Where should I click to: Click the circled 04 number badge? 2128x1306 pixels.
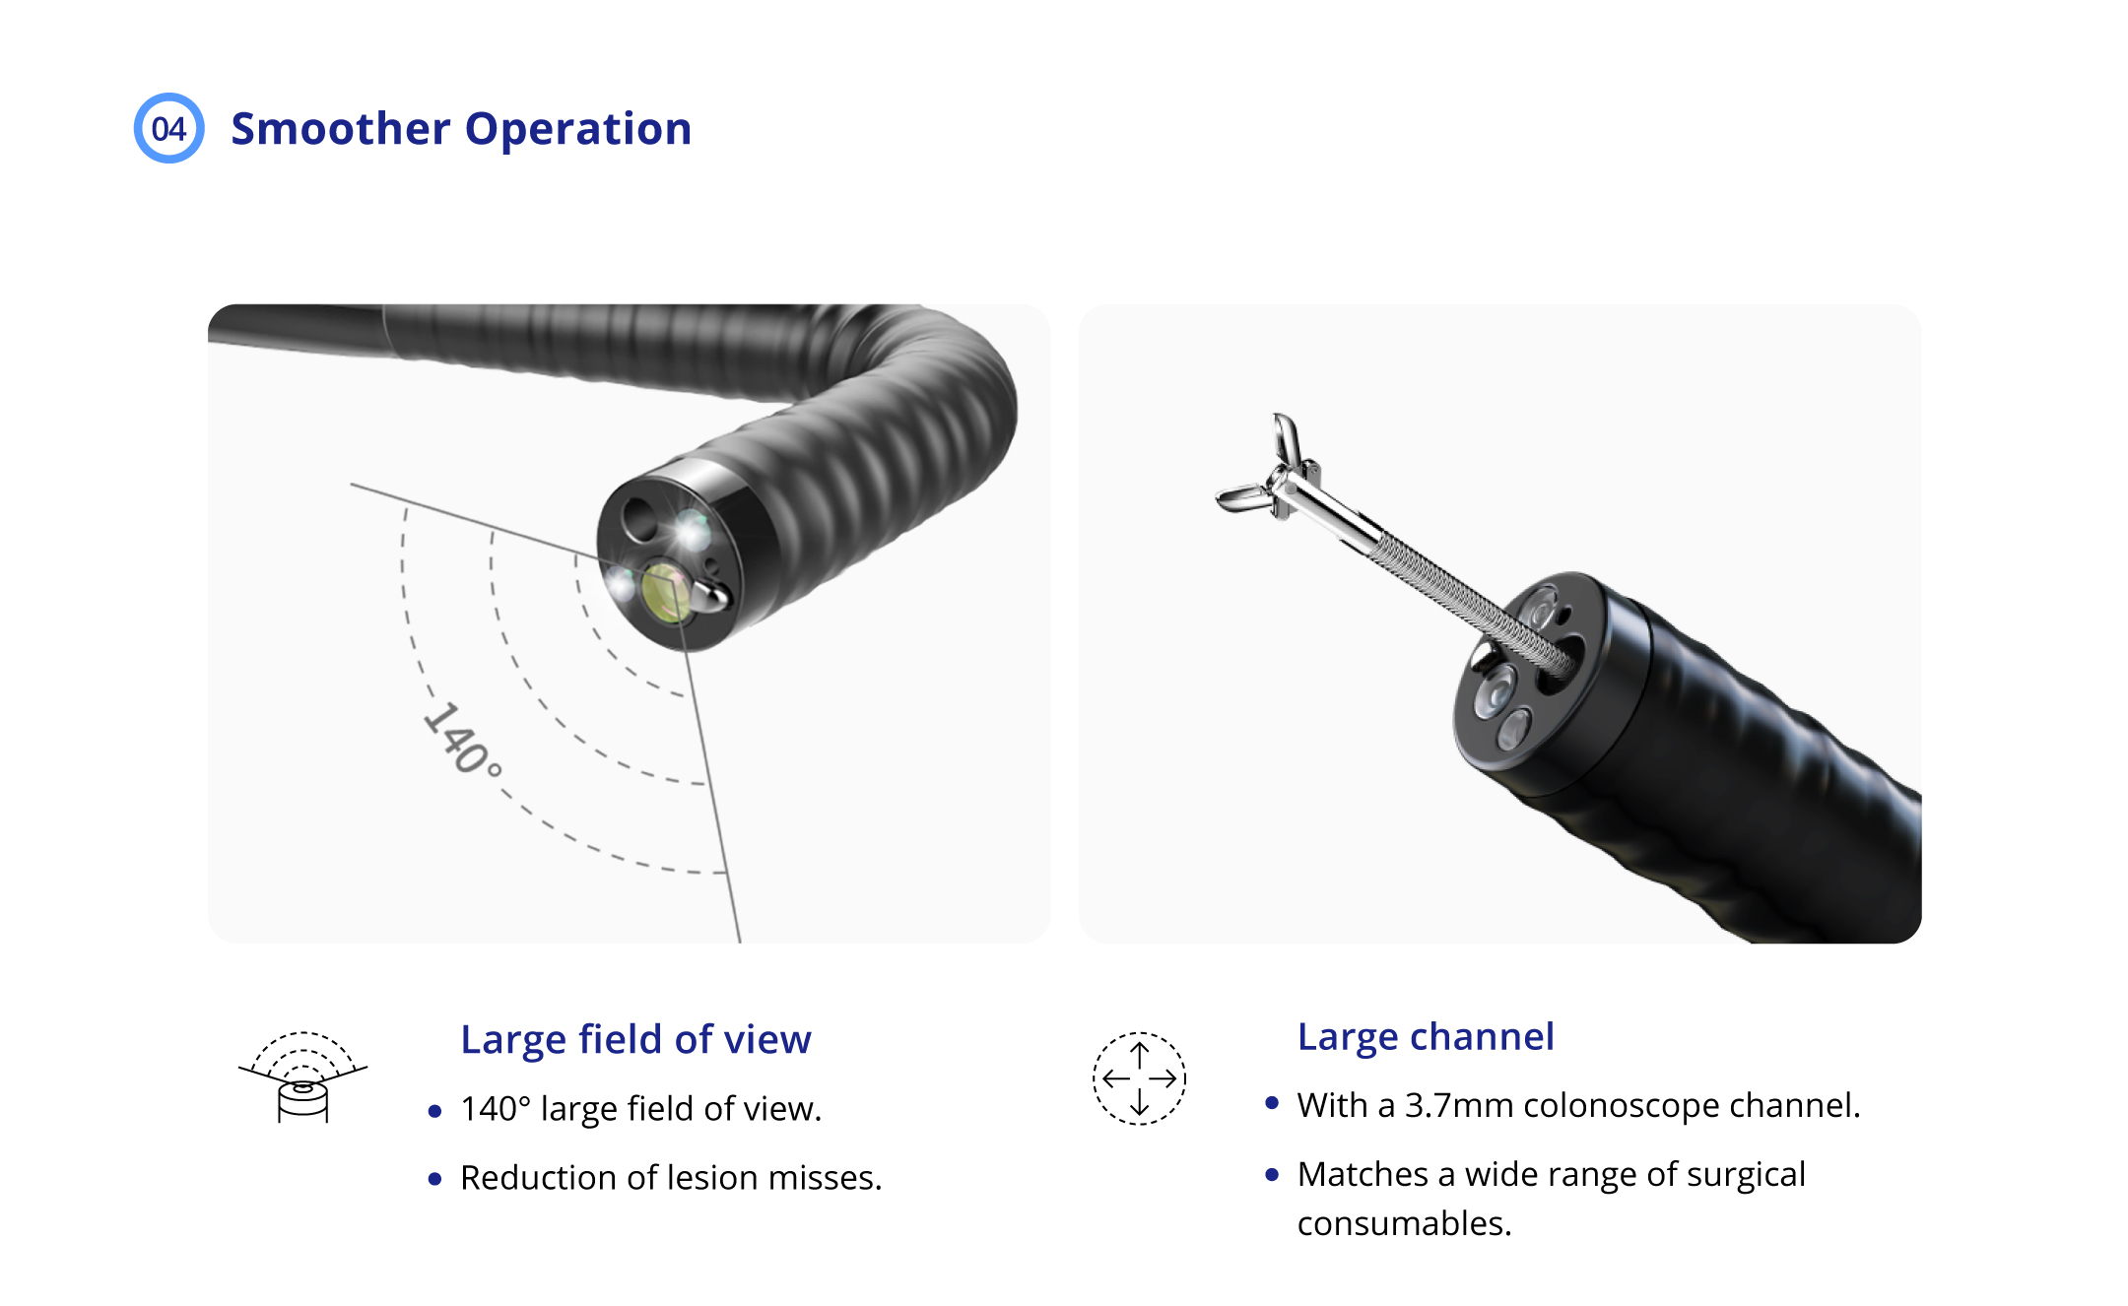(168, 128)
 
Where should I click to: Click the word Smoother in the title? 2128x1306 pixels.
(340, 129)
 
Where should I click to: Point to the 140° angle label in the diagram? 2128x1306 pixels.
(461, 740)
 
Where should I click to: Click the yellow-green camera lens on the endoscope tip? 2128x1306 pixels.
(665, 593)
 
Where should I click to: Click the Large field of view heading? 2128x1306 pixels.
(635, 1039)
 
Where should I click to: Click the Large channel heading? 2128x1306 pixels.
(1425, 1036)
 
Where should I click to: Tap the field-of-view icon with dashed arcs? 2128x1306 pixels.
(302, 1077)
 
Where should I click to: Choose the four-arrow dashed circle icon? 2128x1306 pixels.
(1139, 1078)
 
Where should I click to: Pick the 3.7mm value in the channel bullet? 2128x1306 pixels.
(1459, 1105)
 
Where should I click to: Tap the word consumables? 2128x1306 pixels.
(1403, 1223)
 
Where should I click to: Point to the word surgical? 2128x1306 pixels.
(1747, 1174)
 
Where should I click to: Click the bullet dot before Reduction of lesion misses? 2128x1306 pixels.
(434, 1179)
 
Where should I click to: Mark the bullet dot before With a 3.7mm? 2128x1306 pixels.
(1272, 1104)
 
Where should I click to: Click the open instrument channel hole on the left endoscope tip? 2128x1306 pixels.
(639, 516)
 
